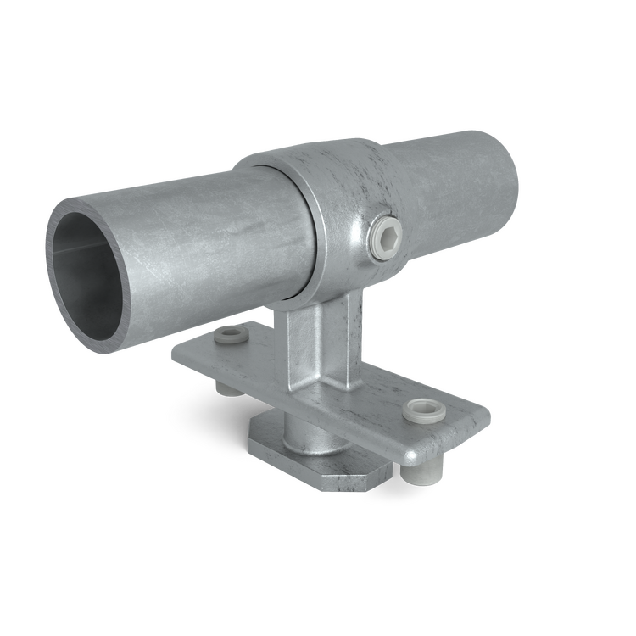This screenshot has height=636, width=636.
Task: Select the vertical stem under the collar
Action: pos(314,339)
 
